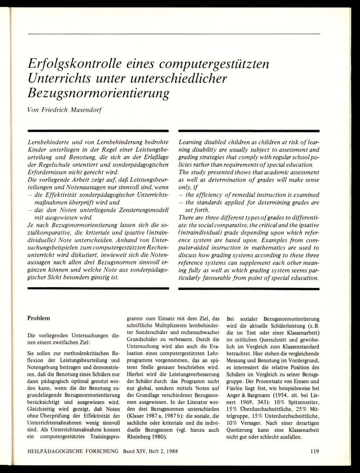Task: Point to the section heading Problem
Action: [x=39, y=318]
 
